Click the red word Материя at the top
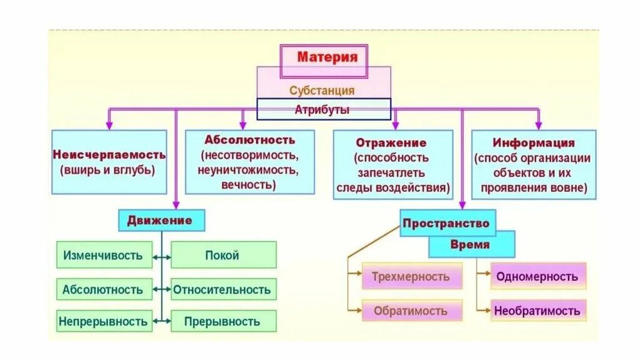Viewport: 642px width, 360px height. click(327, 58)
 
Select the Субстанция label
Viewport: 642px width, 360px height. click(322, 90)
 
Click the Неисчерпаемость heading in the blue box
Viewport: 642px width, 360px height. click(109, 154)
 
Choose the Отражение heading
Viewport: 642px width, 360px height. click(391, 143)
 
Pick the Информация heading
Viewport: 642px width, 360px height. click(534, 143)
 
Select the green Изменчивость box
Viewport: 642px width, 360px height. click(103, 255)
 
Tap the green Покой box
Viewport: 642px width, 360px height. click(223, 255)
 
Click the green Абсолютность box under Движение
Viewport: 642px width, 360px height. click(103, 290)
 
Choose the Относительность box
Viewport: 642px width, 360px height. click(223, 290)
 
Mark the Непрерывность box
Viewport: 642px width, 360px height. click(103, 322)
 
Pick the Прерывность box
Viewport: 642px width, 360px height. click(223, 322)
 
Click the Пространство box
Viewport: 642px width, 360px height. click(446, 223)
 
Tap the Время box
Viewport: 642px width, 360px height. click(470, 245)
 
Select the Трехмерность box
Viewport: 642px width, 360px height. click(411, 277)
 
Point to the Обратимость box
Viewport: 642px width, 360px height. click(411, 310)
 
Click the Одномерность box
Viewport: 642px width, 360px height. click(537, 277)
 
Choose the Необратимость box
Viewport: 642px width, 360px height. click(537, 310)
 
